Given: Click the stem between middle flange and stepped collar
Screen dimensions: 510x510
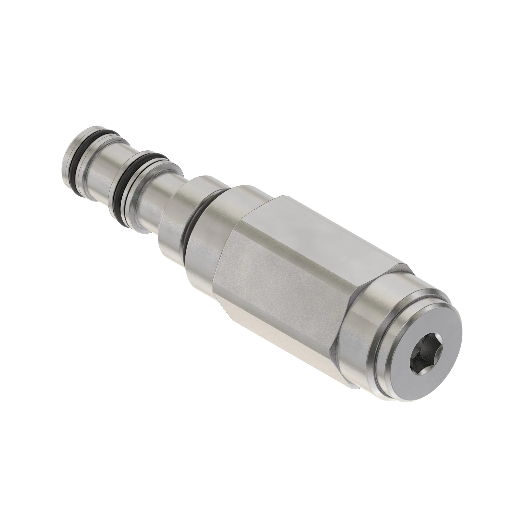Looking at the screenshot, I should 153,201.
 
